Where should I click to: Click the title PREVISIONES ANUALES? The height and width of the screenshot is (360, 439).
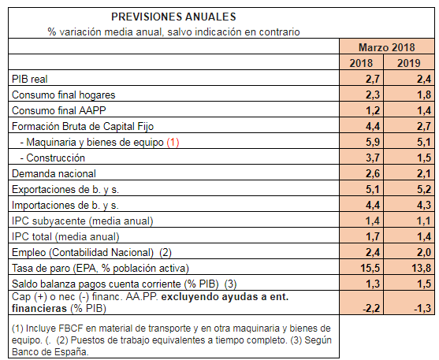point(173,17)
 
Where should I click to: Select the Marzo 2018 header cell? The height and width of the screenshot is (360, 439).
point(387,47)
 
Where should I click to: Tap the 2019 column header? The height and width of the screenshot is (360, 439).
point(409,63)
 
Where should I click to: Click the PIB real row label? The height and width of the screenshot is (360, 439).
point(30,79)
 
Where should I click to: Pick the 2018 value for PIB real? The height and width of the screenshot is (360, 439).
point(373,79)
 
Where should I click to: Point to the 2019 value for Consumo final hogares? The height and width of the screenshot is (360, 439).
point(424,95)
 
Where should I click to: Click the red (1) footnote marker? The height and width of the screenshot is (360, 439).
point(173,143)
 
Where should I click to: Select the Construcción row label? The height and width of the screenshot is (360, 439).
point(53,158)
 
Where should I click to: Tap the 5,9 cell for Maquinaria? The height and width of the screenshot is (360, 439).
point(373,142)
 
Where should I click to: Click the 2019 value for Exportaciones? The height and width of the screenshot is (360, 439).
point(424,189)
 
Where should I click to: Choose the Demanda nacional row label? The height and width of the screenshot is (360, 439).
point(54,173)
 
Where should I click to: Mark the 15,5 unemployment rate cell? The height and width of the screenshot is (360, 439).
point(370,268)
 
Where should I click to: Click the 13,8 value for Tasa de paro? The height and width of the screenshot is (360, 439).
point(422,268)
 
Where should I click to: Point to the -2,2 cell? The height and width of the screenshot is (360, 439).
point(371,308)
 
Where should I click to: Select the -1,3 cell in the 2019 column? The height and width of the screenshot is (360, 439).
point(422,308)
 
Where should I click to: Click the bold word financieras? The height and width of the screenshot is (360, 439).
point(39,308)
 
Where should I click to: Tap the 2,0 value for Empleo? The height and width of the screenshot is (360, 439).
point(424,252)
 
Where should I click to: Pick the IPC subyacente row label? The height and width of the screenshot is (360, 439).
point(82,221)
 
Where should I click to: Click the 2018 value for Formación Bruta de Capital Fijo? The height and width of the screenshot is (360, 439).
point(373,126)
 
